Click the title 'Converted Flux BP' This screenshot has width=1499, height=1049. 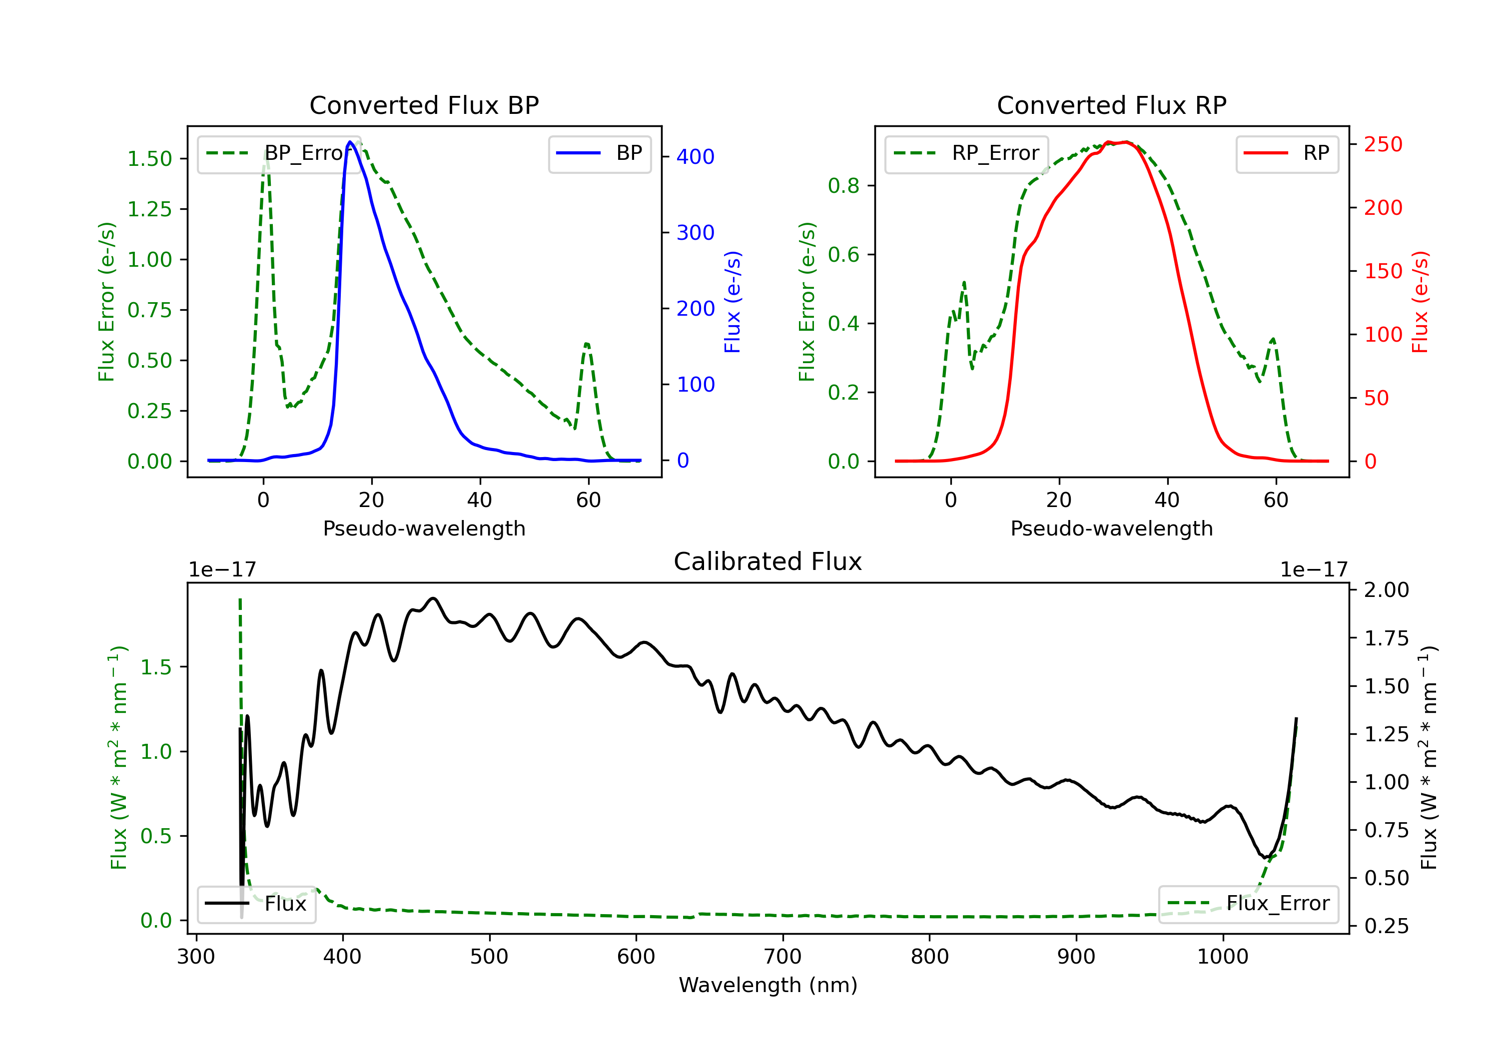424,105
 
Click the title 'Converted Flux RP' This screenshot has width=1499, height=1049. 1112,105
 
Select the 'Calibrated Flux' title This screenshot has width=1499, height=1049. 768,561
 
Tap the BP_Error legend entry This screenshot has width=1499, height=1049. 279,153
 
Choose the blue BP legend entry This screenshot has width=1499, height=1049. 599,153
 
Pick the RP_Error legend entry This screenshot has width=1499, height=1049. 966,153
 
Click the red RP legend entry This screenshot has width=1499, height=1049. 1287,153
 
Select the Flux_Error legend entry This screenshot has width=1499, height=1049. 1248,904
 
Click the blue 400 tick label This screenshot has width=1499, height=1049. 696,157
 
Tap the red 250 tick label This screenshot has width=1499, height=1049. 1383,144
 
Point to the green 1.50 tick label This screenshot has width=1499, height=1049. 149,159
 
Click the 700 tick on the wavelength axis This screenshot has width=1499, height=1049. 783,957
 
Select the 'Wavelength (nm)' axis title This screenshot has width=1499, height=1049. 768,985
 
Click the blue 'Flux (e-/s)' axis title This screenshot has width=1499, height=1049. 733,302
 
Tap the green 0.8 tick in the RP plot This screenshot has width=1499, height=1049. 843,186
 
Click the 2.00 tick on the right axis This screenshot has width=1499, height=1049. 1387,590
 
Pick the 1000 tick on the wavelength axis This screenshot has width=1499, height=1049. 1223,957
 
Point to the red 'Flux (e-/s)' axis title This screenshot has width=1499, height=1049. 1420,302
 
